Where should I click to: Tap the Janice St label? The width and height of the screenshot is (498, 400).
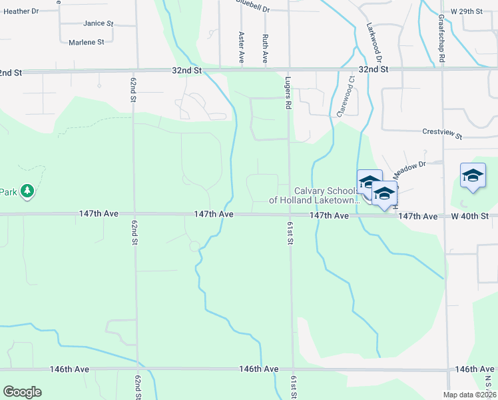(x=99, y=23)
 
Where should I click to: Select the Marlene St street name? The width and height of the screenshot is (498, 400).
(x=87, y=42)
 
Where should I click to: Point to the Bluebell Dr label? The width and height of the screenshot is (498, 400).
(x=253, y=8)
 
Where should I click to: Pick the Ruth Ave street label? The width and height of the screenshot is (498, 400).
(x=265, y=48)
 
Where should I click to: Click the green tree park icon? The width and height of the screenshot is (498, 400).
(x=27, y=192)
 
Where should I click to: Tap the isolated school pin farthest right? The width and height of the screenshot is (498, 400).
(x=473, y=176)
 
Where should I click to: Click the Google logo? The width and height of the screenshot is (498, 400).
(x=22, y=392)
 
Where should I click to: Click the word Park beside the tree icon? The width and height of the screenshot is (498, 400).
(x=7, y=192)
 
